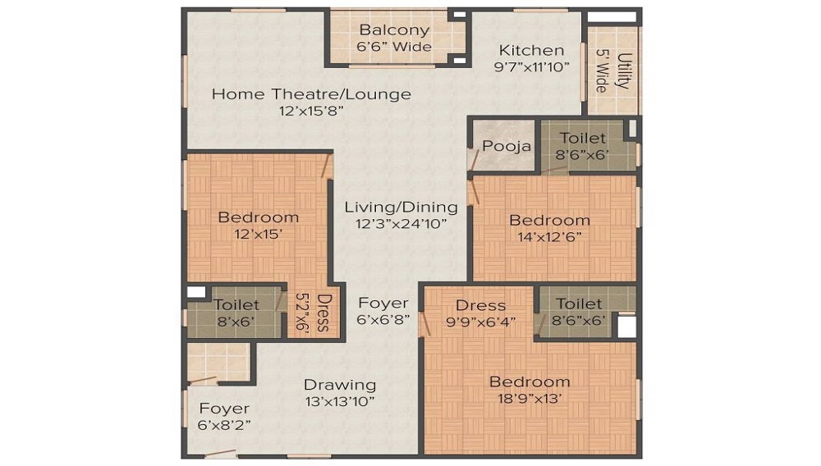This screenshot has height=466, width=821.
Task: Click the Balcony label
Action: (394, 30)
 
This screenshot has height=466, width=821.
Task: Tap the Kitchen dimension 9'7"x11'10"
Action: (532, 67)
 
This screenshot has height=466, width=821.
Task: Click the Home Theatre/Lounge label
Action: (311, 94)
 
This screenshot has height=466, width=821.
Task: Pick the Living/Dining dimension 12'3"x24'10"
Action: (401, 223)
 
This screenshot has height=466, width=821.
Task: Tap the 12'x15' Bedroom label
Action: (258, 217)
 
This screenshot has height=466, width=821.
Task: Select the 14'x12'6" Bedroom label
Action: (549, 220)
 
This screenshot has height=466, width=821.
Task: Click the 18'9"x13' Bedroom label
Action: (530, 381)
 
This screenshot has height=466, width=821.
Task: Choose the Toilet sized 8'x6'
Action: (236, 305)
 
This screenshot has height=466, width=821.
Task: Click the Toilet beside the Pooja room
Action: (583, 138)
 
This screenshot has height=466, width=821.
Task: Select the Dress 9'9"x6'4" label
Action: (480, 305)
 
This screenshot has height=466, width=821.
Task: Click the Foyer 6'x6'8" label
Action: (383, 303)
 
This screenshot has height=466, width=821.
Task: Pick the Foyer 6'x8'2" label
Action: (224, 409)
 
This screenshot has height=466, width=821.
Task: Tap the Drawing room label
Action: (340, 384)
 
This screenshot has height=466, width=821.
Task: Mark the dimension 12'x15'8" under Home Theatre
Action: (311, 110)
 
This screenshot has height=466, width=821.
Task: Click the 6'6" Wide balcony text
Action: (394, 47)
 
